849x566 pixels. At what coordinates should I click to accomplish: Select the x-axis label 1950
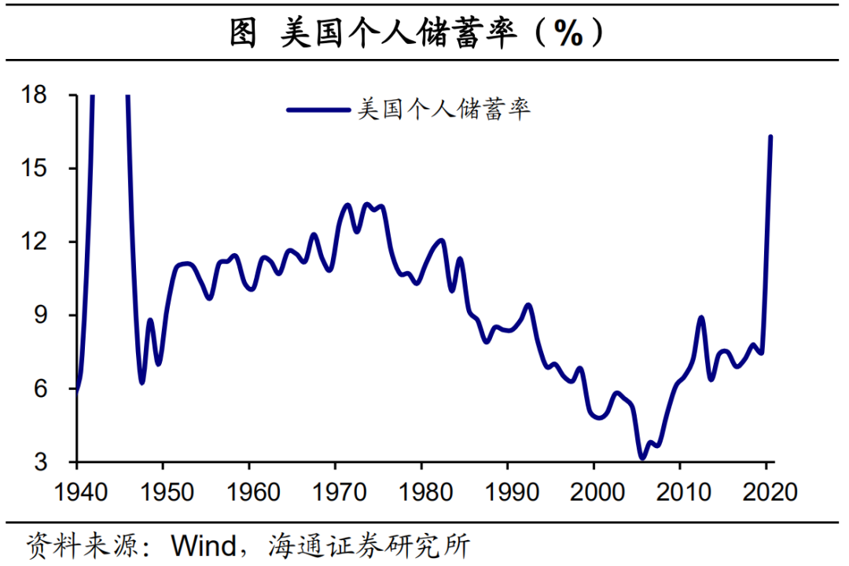click(x=163, y=493)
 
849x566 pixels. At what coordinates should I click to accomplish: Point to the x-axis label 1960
click(x=249, y=493)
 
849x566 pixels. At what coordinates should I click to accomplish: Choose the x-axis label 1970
click(x=336, y=493)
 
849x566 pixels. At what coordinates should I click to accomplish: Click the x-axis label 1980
click(x=422, y=493)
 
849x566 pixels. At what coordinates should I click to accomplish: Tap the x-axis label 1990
click(x=509, y=493)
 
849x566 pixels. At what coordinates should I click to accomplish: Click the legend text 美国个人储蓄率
click(x=444, y=108)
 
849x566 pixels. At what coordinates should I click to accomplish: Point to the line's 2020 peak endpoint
click(x=771, y=137)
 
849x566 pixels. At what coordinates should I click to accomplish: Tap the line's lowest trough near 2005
click(x=642, y=457)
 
